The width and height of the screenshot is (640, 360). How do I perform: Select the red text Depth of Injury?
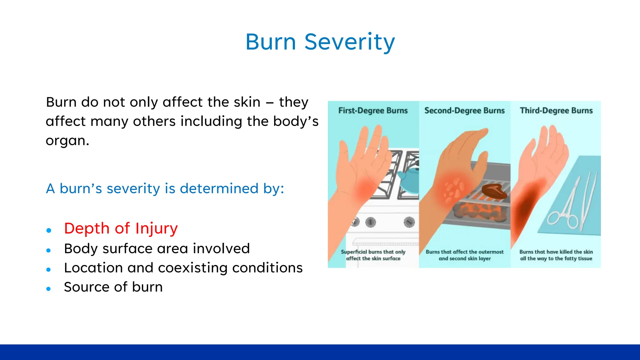[x=121, y=228]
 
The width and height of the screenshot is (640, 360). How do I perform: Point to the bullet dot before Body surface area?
[x=48, y=250]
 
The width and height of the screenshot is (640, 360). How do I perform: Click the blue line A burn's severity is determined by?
[x=165, y=188]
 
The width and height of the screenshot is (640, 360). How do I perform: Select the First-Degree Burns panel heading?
[x=373, y=111]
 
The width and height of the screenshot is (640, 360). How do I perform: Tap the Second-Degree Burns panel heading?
[x=464, y=111]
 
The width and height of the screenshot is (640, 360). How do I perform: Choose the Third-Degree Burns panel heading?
[x=556, y=111]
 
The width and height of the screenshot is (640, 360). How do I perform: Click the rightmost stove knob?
[x=409, y=222]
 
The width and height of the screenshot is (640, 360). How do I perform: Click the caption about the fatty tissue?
[x=556, y=255]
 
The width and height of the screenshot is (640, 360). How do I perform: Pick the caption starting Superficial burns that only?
[x=373, y=255]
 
